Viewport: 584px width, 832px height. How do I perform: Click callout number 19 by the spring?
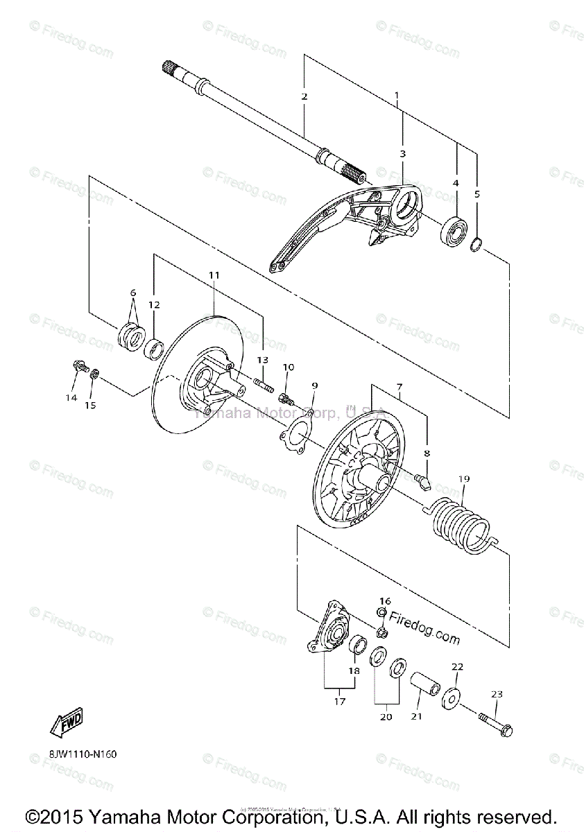click(x=464, y=478)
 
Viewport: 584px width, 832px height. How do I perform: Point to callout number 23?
click(x=497, y=693)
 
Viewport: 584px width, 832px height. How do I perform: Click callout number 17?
click(x=339, y=701)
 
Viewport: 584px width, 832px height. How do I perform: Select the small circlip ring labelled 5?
click(x=476, y=244)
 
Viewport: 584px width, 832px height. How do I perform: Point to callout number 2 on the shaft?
click(x=304, y=96)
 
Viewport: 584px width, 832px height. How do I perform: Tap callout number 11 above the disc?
click(x=214, y=275)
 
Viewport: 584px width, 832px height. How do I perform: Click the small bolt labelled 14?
click(x=78, y=365)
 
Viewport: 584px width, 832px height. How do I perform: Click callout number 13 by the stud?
click(x=262, y=360)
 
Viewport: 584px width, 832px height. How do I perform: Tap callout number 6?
click(x=132, y=293)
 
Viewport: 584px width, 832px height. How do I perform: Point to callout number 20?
click(x=386, y=716)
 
